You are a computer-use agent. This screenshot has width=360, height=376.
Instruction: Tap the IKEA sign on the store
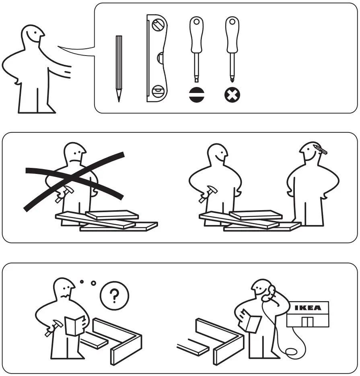pyautogui.click(x=308, y=308)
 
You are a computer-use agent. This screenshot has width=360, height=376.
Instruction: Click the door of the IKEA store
pyautogui.click(x=308, y=322)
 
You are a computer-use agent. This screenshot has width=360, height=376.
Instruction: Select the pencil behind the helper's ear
pyautogui.click(x=319, y=150)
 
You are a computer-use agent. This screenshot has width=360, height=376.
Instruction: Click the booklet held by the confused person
pyautogui.click(x=75, y=325)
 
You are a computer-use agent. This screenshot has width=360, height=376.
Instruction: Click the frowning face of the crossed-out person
pyautogui.click(x=76, y=154)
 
